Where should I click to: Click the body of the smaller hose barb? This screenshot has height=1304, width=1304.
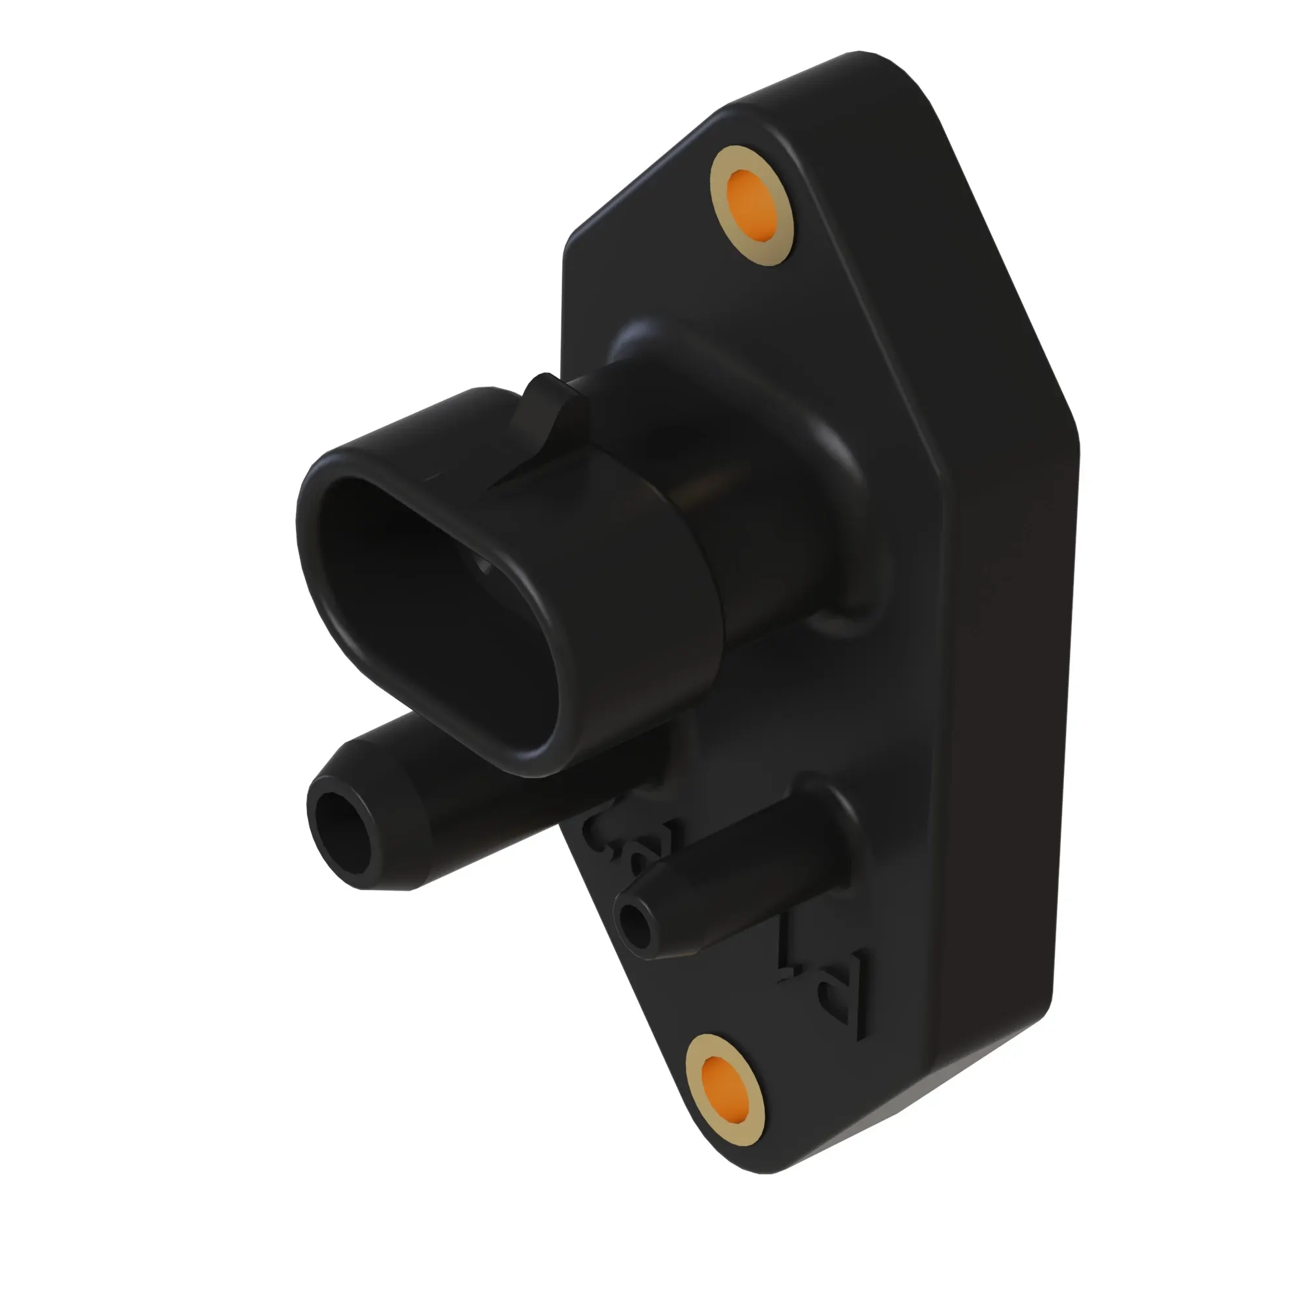coord(729,878)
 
